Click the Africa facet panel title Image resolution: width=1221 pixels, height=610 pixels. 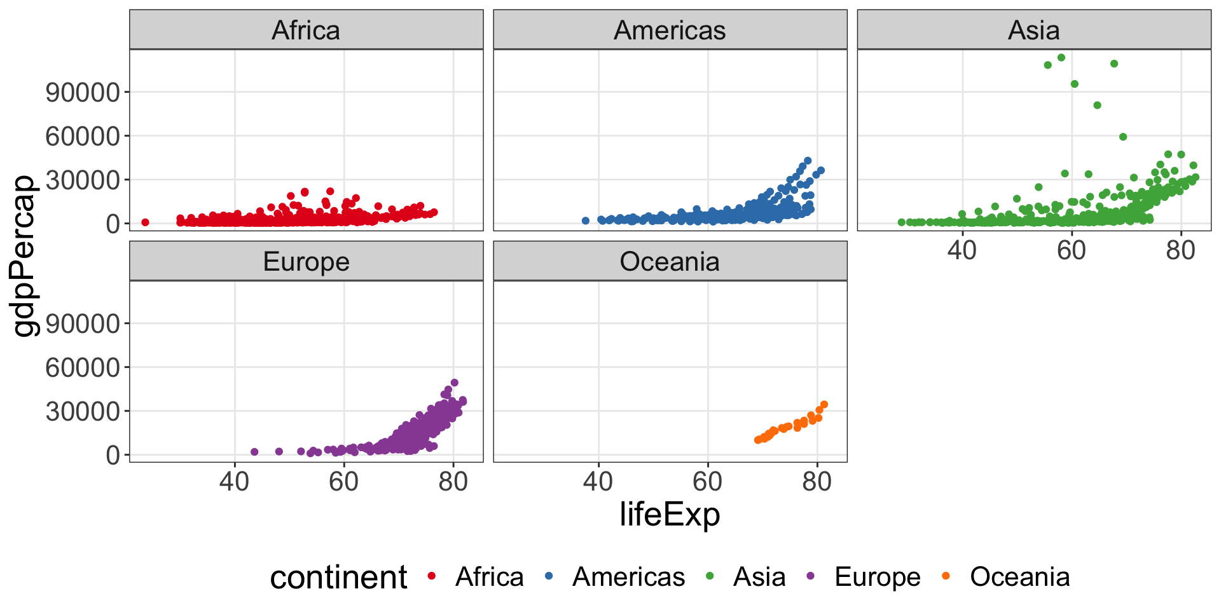tap(306, 30)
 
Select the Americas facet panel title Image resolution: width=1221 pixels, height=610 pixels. tap(670, 30)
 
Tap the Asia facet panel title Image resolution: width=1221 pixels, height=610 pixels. tap(1033, 30)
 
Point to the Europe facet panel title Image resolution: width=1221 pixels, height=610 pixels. tap(306, 261)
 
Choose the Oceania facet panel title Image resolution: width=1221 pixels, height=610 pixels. tap(670, 261)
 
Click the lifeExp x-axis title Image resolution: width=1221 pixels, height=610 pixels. tap(670, 514)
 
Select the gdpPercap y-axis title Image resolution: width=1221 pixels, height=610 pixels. tap(25, 255)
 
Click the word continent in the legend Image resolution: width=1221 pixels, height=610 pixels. tap(338, 577)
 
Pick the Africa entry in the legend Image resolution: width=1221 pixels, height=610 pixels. tap(489, 577)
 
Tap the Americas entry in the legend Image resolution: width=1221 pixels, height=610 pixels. tap(628, 577)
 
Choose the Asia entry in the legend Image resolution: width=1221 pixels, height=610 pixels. tap(759, 577)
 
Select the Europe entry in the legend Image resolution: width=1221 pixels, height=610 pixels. tap(877, 577)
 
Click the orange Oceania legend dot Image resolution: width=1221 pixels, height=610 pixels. tap(946, 576)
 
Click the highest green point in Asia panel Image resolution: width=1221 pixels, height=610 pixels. tap(1061, 58)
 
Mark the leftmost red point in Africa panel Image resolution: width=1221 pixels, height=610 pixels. tap(145, 222)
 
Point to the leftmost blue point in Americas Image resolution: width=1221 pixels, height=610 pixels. tap(586, 220)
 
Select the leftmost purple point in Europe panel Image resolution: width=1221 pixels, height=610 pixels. tap(254, 452)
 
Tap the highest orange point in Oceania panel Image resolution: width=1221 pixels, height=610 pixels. tap(824, 404)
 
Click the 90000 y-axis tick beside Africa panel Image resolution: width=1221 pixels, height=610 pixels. tap(83, 92)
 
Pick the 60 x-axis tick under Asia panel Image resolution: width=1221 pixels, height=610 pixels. tap(1072, 250)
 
